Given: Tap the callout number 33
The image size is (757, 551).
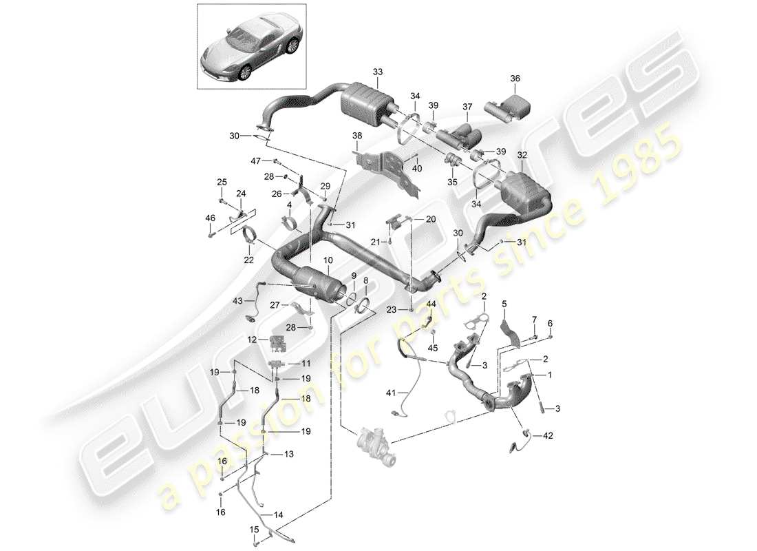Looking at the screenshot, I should [x=376, y=72].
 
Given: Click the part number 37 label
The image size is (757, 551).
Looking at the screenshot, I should [x=467, y=106].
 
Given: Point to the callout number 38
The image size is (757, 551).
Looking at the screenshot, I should [x=356, y=136].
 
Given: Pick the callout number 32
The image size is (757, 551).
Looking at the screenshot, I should [x=522, y=156].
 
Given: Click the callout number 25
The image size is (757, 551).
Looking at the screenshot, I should [x=222, y=182].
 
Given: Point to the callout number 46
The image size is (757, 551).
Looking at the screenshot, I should [x=209, y=218].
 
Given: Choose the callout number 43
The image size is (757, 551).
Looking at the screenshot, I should [x=237, y=301].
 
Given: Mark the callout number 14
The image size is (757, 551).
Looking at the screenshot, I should [x=278, y=514].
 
